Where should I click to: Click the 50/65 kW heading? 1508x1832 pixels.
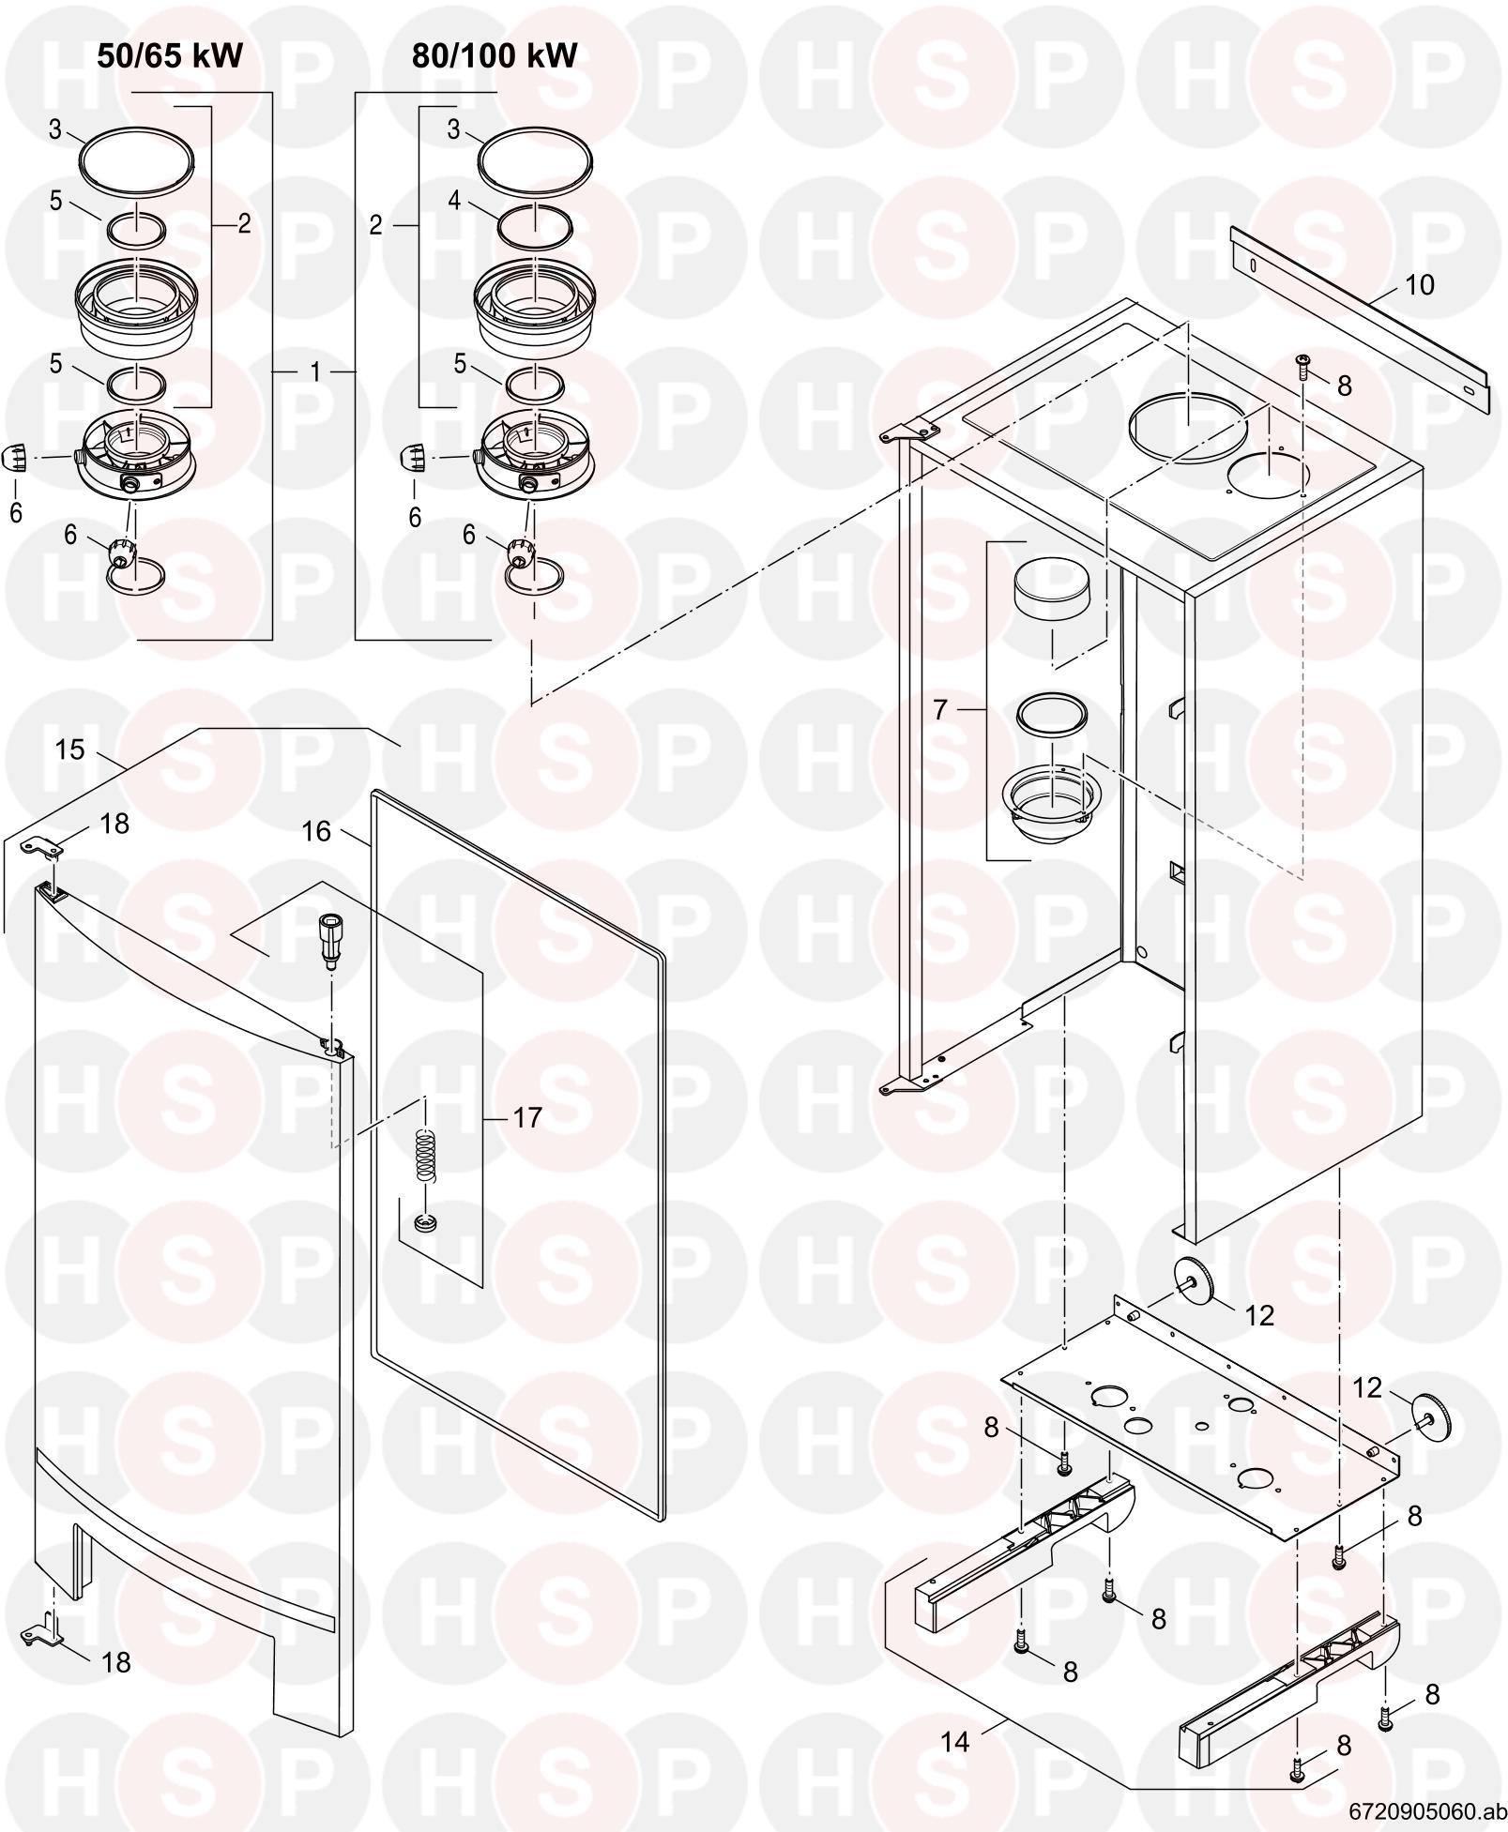coord(170,56)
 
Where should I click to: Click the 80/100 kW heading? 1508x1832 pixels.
coord(495,56)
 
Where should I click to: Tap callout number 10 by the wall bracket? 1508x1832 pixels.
coord(1420,285)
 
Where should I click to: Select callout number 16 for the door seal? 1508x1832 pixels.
coord(317,831)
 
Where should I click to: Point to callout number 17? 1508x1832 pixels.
coord(528,1117)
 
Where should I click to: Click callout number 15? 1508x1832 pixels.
coord(69,749)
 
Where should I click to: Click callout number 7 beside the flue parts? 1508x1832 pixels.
coord(941,710)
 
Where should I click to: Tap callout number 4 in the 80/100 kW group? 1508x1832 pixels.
coord(454,201)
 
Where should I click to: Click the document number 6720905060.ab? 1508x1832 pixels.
coord(1427,1810)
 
